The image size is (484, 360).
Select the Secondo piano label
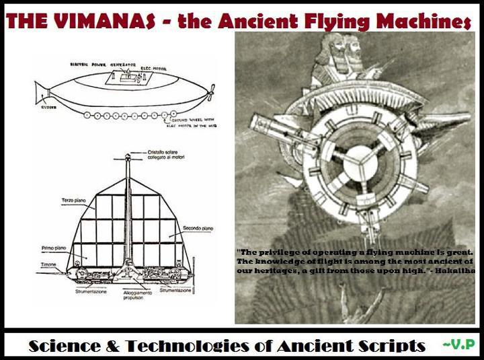coord(197,229)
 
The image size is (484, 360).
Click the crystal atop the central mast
coord(127,157)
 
